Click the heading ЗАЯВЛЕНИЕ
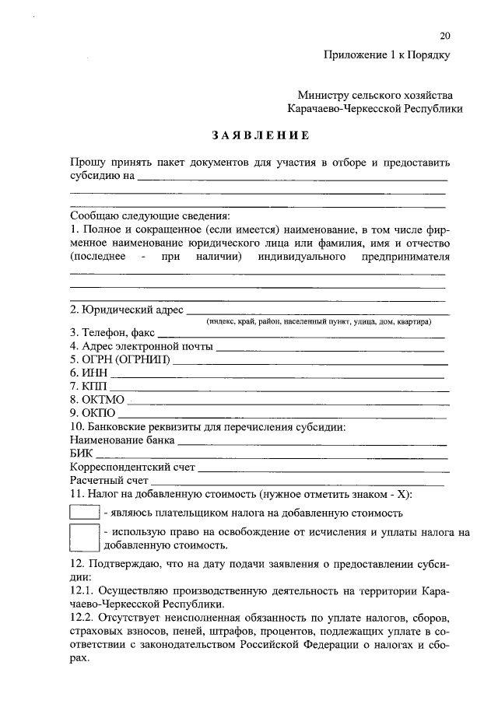pos(261,135)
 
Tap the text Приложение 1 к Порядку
pos(388,54)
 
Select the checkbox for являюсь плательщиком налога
pos(84,513)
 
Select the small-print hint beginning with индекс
pos(318,321)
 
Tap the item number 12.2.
pos(82,614)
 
